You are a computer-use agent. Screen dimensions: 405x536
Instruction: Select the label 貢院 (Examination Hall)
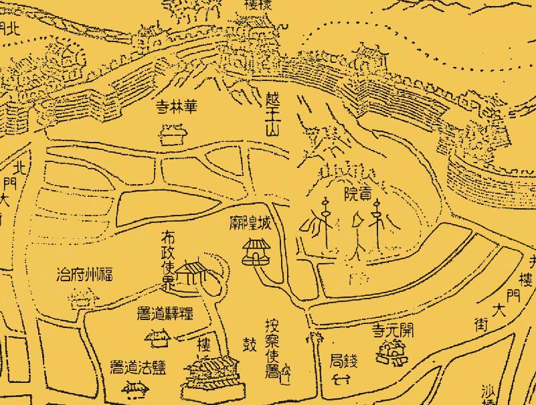click(x=358, y=194)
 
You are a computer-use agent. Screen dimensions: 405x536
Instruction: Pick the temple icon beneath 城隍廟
click(x=256, y=251)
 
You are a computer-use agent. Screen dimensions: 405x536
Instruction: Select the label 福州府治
click(x=84, y=274)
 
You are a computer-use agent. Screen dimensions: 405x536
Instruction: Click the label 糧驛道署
click(x=165, y=313)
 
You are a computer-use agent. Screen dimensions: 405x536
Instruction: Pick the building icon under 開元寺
click(x=392, y=351)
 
